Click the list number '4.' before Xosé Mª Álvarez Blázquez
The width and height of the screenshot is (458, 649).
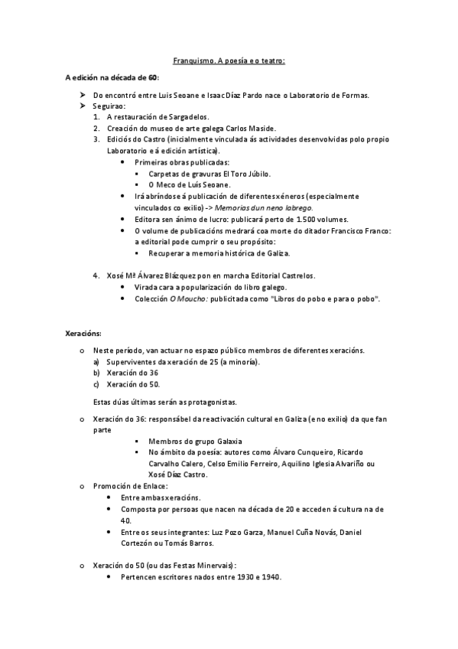point(96,276)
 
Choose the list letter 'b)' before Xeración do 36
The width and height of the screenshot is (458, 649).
point(96,373)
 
